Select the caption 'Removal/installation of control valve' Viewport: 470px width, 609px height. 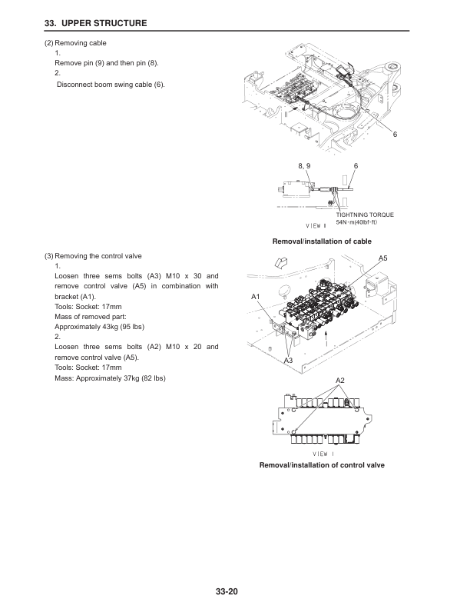[322, 466]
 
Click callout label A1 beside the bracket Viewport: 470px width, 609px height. [257, 296]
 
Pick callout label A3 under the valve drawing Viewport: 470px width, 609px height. [289, 360]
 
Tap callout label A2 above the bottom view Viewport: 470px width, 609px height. [341, 381]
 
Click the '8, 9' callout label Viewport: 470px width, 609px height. [304, 166]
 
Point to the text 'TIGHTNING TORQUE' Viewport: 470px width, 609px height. [365, 215]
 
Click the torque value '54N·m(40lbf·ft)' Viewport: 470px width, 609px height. [356, 222]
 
